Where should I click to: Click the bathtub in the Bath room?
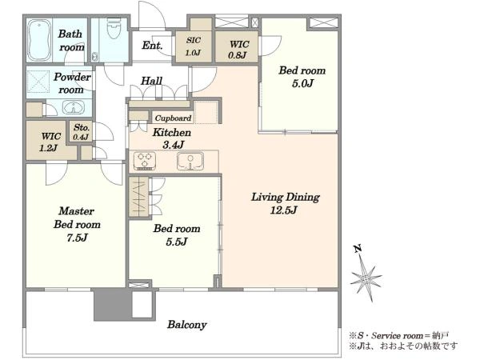[x=39, y=40]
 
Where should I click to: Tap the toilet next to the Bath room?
[x=114, y=29]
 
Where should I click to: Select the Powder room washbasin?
[x=74, y=107]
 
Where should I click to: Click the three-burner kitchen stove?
[x=145, y=161]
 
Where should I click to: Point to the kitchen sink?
[x=190, y=161]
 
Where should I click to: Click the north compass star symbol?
[x=366, y=278]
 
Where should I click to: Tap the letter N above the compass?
[x=358, y=249]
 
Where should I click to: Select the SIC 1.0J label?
[x=194, y=46]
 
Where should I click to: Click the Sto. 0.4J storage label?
[x=82, y=132]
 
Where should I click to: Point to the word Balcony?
[x=187, y=325]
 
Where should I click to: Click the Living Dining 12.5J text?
[x=286, y=203]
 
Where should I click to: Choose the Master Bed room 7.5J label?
[x=77, y=224]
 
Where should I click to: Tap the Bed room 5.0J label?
[x=302, y=77]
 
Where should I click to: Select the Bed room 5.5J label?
[x=177, y=234]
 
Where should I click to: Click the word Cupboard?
[x=173, y=118]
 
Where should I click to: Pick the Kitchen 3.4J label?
[x=172, y=138]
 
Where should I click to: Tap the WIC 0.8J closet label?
[x=238, y=50]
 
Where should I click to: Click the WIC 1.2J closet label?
[x=50, y=142]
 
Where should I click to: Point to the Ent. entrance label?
[x=152, y=46]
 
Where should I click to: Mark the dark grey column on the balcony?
[x=113, y=305]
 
